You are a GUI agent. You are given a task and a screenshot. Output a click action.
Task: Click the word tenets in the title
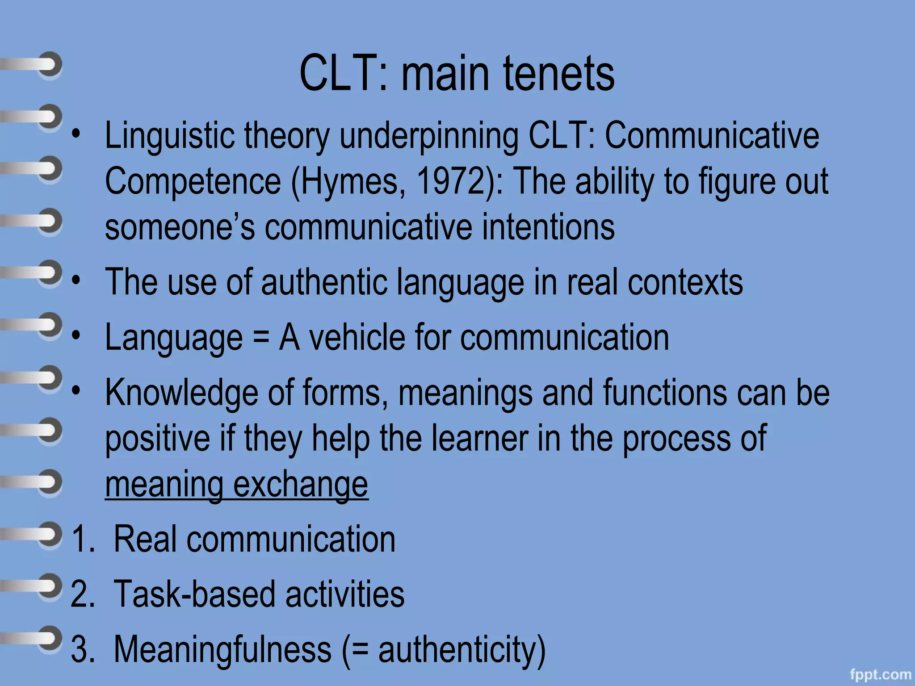coord(559,74)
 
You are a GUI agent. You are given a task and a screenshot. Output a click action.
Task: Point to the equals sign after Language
coord(261,338)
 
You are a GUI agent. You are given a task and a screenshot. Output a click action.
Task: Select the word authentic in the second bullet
coord(324,282)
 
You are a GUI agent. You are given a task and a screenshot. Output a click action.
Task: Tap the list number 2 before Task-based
coord(81,594)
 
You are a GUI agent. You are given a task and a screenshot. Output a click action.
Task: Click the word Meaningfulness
coord(222,649)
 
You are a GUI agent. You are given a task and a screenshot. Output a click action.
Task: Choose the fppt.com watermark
coord(880,674)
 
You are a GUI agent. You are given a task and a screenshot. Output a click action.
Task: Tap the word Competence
coord(193,181)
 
